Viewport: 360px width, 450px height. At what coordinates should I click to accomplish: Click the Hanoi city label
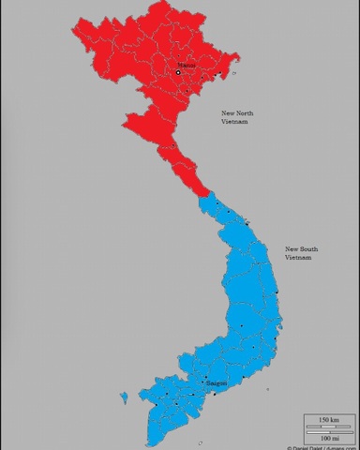coord(187,65)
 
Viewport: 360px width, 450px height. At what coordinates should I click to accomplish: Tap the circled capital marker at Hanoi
coord(178,72)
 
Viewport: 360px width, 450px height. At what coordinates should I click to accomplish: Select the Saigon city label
coord(217,382)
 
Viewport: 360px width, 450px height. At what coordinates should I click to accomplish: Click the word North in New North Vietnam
coord(244,113)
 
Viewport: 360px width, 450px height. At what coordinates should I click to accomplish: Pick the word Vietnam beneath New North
coord(235,122)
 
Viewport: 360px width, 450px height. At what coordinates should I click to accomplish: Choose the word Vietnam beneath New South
coord(298,257)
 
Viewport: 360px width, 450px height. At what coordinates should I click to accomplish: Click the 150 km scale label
coord(328,418)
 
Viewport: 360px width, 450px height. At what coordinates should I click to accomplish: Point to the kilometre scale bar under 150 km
coord(328,426)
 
